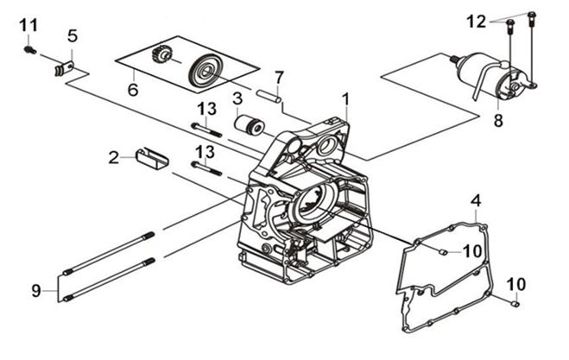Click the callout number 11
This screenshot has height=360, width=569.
(x=28, y=26)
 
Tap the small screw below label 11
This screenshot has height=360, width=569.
(x=29, y=50)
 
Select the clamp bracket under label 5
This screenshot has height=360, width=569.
(x=64, y=68)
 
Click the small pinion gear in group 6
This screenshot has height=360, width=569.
(x=161, y=55)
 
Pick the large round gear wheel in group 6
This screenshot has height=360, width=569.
(x=204, y=71)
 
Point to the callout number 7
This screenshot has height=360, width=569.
(x=278, y=78)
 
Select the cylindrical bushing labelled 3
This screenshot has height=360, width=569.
(x=250, y=125)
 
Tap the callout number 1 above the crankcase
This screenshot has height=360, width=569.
(x=345, y=99)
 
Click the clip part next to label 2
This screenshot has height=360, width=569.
(x=152, y=158)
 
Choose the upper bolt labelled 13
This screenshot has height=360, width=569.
(x=206, y=129)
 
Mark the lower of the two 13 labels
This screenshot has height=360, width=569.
(x=205, y=153)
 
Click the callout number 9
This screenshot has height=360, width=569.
(x=35, y=291)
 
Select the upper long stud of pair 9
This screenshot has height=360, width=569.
(x=109, y=253)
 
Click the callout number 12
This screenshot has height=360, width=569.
(x=476, y=22)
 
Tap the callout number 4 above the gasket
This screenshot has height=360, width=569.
(x=476, y=200)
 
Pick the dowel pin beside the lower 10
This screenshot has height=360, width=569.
(x=515, y=303)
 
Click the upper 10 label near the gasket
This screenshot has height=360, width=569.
(x=472, y=250)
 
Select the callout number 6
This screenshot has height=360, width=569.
(x=133, y=90)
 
